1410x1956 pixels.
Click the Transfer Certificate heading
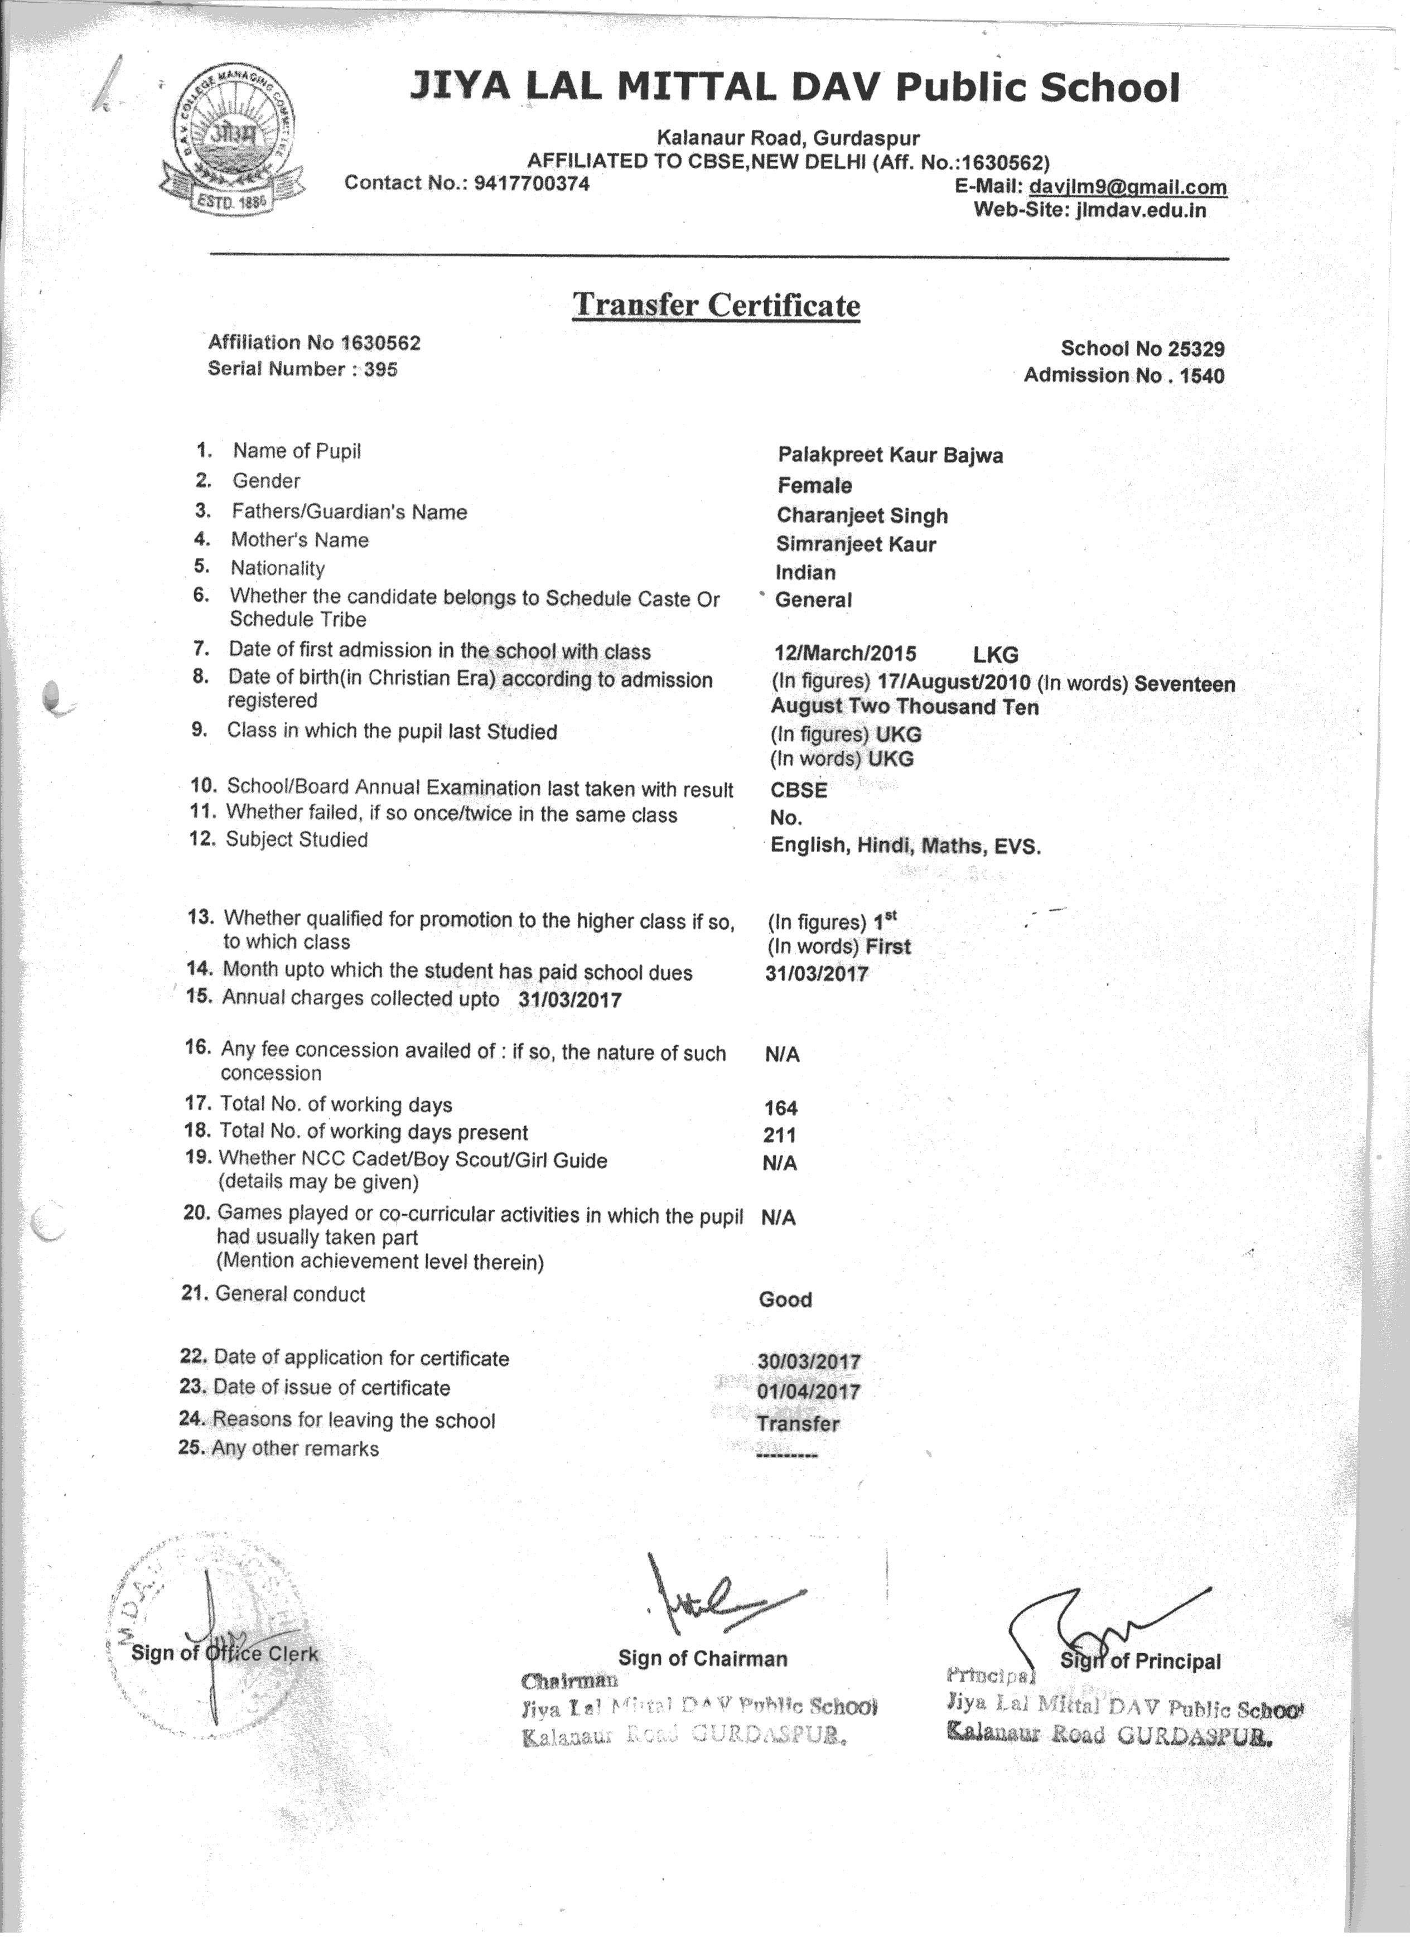click(717, 305)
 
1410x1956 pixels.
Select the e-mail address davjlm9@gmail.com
click(1128, 187)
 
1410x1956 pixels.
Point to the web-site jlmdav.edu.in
click(1141, 210)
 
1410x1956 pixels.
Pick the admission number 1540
click(1203, 375)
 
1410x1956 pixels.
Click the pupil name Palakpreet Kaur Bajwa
click(890, 455)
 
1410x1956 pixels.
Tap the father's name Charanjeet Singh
click(862, 516)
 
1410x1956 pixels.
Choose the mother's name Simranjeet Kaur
click(856, 544)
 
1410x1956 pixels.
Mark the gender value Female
click(814, 486)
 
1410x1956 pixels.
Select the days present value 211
click(780, 1135)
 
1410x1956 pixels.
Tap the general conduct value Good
click(785, 1299)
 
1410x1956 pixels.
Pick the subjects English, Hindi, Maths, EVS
click(905, 846)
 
